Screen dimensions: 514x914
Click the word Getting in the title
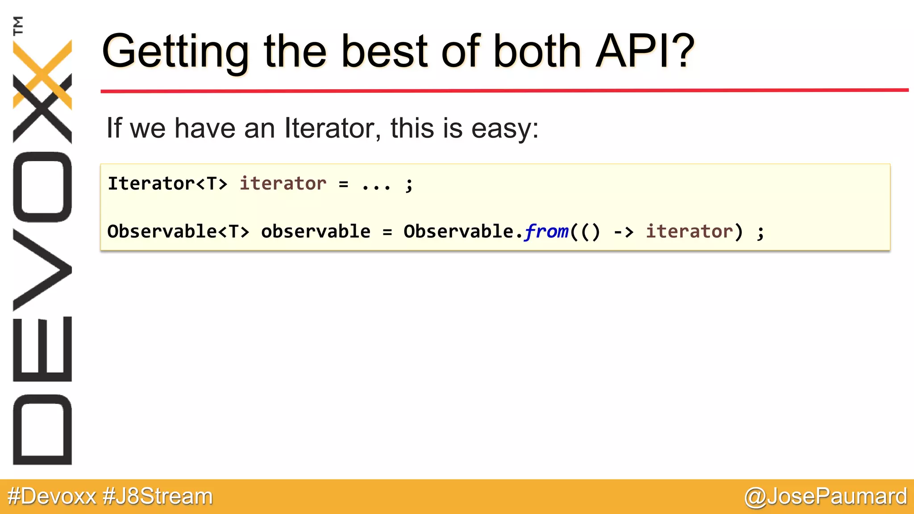[175, 53]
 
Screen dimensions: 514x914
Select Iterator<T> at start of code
[167, 184]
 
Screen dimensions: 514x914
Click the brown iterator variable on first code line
[283, 184]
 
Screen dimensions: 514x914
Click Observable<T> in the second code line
[178, 232]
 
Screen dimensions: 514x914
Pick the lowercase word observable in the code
[316, 232]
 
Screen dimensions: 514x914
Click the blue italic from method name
[546, 232]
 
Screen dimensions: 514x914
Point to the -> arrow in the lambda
[623, 232]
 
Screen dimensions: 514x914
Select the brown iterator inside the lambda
[689, 232]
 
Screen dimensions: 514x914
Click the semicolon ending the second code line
[760, 232]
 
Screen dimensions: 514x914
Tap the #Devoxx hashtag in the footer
[52, 496]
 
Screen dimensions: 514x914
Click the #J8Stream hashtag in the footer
[158, 496]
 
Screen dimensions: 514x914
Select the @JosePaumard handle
[826, 496]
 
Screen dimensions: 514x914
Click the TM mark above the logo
[18, 25]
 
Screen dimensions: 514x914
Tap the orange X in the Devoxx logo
[42, 74]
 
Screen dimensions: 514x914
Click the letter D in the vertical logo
[42, 429]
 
